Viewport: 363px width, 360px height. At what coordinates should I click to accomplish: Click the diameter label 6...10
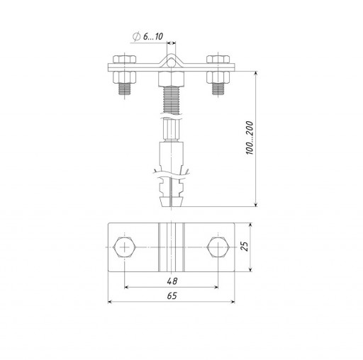click(x=153, y=36)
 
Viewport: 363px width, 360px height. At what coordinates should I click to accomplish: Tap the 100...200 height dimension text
click(x=250, y=138)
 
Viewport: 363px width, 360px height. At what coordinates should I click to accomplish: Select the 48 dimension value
click(x=172, y=281)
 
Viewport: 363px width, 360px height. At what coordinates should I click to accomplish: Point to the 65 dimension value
click(x=172, y=296)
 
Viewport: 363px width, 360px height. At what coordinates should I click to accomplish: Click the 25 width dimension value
click(x=245, y=247)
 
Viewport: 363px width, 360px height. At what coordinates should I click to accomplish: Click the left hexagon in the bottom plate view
click(x=124, y=247)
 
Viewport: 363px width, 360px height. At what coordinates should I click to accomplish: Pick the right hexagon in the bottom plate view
click(x=218, y=247)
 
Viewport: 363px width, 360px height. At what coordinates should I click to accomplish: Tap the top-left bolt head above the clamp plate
click(x=124, y=59)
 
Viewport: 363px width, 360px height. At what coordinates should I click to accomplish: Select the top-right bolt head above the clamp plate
click(x=218, y=59)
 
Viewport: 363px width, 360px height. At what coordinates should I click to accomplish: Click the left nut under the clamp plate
click(x=124, y=77)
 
